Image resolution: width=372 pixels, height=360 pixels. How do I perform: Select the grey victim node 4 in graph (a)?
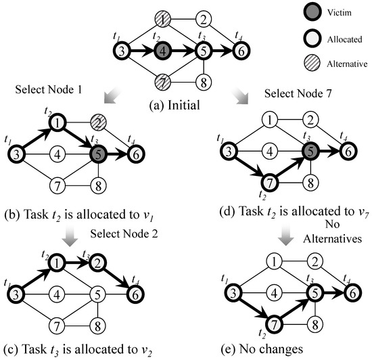162,51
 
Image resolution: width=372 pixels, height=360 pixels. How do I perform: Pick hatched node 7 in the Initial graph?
162,83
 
